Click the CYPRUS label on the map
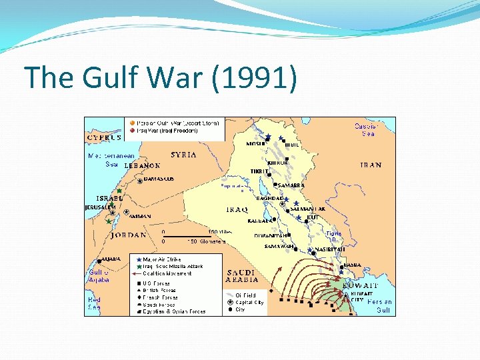[103, 137]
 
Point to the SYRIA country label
[183, 155]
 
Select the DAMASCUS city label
[159, 179]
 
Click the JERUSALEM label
[101, 207]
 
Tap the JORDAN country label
[129, 235]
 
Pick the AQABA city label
[111, 259]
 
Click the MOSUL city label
[255, 143]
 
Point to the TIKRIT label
[259, 171]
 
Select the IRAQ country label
[237, 209]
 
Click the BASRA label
[353, 265]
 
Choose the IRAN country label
[371, 165]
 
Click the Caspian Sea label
[367, 129]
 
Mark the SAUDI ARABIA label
[244, 276]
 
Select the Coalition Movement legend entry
[167, 273]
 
